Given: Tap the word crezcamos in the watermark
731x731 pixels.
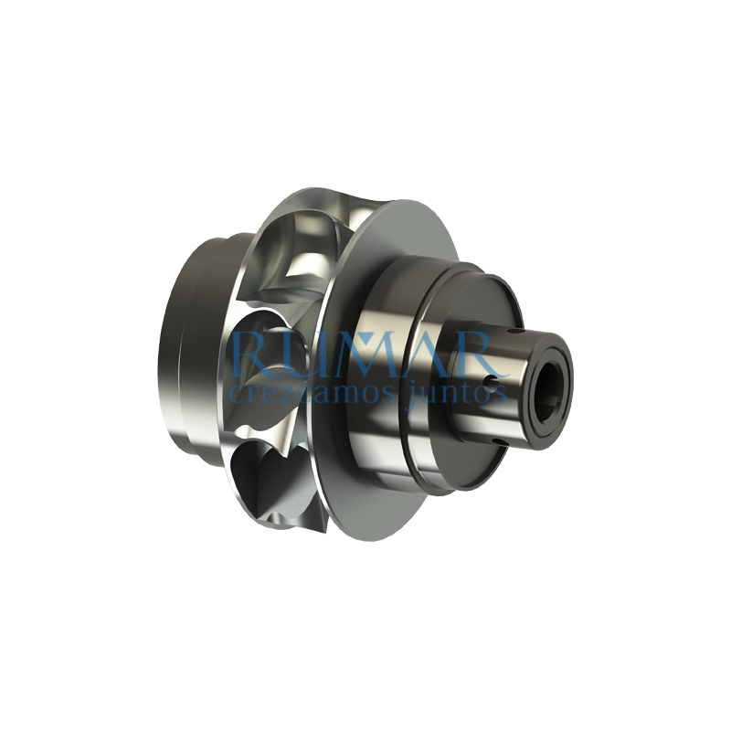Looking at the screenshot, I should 298,393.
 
